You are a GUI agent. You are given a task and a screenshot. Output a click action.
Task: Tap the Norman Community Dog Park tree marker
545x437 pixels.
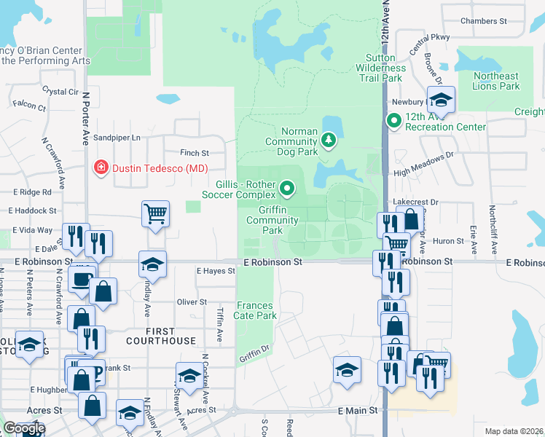329,139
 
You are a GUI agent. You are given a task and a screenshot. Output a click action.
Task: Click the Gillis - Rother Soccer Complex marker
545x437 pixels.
287,190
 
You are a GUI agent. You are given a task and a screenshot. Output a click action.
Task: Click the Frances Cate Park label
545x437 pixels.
255,311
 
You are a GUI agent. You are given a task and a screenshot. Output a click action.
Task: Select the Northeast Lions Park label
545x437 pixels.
496,81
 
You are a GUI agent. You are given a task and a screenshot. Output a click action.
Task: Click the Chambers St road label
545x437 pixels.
478,21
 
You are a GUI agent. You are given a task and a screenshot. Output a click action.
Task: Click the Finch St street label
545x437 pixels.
195,154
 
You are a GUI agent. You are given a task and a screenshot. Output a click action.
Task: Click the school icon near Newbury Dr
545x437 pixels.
441,99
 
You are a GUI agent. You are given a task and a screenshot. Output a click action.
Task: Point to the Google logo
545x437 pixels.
23,428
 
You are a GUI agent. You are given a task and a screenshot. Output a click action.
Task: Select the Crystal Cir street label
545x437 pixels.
60,92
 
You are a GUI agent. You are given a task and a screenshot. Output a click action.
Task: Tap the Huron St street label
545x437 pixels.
449,240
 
